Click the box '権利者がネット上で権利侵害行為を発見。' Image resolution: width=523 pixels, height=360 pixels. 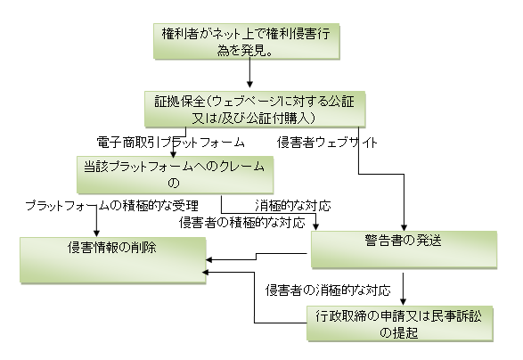click(247, 41)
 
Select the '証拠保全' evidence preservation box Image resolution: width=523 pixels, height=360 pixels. click(255, 109)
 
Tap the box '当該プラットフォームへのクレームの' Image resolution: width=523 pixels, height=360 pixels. click(176, 175)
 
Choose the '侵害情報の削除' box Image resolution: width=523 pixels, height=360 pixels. click(113, 260)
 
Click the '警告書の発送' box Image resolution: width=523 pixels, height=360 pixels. click(404, 250)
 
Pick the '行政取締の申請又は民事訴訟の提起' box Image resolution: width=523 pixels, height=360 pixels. click(400, 323)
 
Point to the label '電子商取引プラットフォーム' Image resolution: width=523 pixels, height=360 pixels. click(171, 143)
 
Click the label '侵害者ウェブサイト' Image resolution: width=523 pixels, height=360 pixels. click(327, 143)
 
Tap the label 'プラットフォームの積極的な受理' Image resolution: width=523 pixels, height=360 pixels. click(112, 206)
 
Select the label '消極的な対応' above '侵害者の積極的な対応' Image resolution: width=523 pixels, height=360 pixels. click(293, 206)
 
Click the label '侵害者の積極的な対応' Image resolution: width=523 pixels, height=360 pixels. click(242, 223)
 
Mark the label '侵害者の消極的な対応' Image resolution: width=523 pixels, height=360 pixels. click(328, 290)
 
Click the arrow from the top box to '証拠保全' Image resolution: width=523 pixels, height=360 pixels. click(249, 72)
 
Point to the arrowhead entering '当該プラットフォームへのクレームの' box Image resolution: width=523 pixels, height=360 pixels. click(173, 154)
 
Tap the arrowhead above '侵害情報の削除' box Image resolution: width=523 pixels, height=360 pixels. click(96, 233)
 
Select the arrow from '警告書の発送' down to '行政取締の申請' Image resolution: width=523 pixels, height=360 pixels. click(404, 289)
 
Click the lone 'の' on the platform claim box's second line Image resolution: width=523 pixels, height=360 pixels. click(174, 183)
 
